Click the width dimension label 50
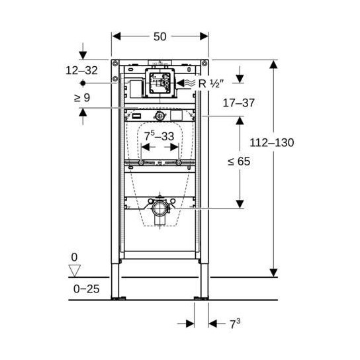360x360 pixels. pos(160,37)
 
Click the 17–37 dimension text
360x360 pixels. pos(239,103)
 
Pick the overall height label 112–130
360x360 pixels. pos(271,142)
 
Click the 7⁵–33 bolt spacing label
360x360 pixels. pos(160,136)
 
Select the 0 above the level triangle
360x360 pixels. pos(74,257)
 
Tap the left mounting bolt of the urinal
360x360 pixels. pos(141,163)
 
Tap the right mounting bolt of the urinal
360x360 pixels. pos(179,163)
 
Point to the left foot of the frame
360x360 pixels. pos(118,298)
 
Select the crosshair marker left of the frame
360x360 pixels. pos(82,83)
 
